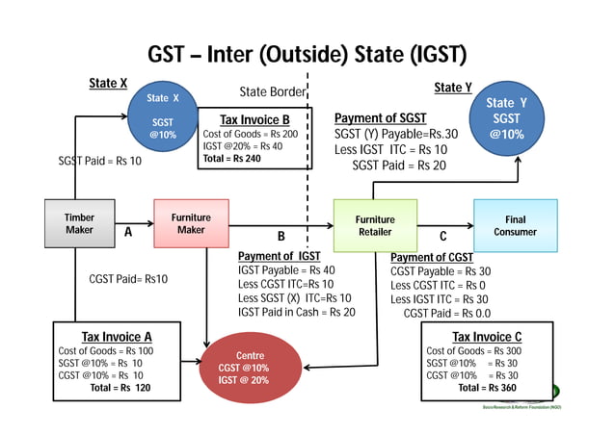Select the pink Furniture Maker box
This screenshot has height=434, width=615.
pyautogui.click(x=191, y=224)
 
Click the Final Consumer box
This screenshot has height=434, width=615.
pyautogui.click(x=515, y=225)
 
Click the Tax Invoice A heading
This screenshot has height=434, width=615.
pyautogui.click(x=117, y=336)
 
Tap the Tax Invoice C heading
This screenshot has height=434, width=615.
pyautogui.click(x=487, y=336)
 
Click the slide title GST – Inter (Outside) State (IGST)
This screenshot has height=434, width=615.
pyautogui.click(x=307, y=53)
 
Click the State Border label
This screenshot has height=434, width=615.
pyautogui.click(x=272, y=92)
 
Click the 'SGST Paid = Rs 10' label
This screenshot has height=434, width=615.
pyautogui.click(x=99, y=161)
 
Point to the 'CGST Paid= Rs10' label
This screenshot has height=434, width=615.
pyautogui.click(x=128, y=279)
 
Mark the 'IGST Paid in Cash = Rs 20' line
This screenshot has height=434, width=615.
pyautogui.click(x=297, y=312)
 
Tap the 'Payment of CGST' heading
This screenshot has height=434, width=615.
pyautogui.click(x=431, y=257)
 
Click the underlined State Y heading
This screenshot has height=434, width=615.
pyautogui.click(x=452, y=88)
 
